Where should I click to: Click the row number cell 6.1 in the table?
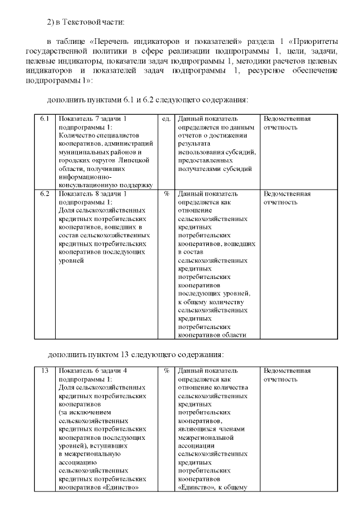click(44, 119)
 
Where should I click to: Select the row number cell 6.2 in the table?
click(44, 193)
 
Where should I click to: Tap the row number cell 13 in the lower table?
click(44, 371)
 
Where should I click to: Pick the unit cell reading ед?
click(166, 119)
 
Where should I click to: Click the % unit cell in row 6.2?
click(166, 193)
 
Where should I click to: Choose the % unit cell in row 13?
click(166, 371)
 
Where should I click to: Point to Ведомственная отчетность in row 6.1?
click(287, 123)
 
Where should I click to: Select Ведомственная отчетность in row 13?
click(287, 375)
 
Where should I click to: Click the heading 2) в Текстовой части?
click(85, 22)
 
